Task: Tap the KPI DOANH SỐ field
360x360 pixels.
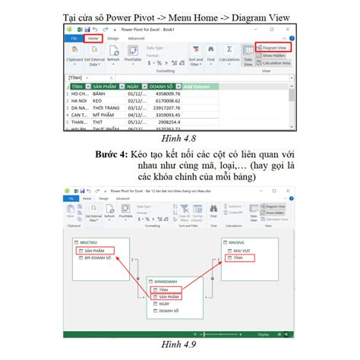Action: point(98,258)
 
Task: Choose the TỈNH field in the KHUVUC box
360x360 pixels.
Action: point(242,258)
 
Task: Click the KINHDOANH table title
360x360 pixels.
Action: point(166,281)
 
